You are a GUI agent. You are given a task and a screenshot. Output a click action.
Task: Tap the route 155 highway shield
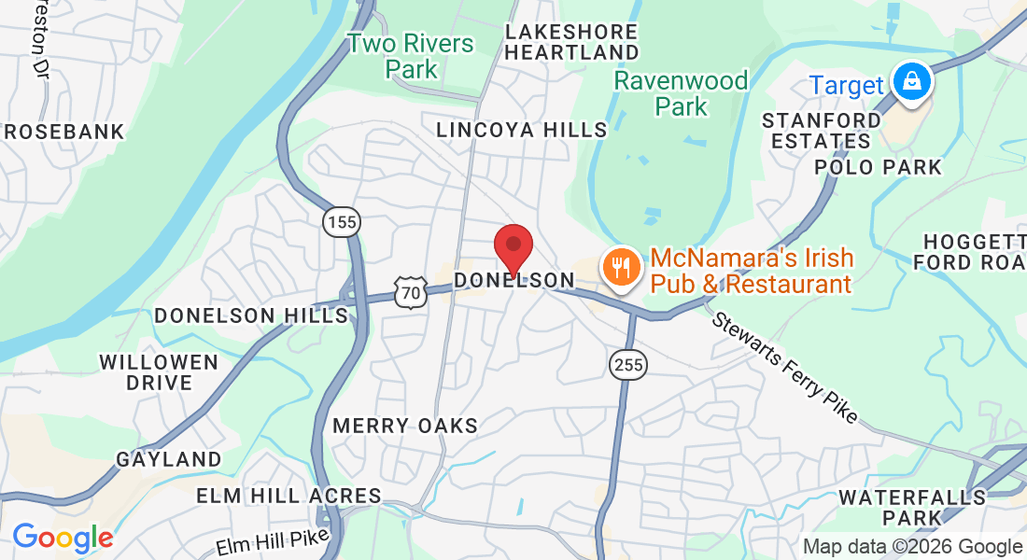(x=342, y=222)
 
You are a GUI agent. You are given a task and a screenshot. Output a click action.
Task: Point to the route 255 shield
(x=628, y=364)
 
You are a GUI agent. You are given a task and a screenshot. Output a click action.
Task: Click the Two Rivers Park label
(x=411, y=56)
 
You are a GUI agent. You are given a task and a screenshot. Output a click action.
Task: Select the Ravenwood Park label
(x=681, y=93)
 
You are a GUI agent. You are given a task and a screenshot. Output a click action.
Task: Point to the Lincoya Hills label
(x=521, y=130)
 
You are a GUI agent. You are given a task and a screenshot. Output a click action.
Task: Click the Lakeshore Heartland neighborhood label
(x=571, y=42)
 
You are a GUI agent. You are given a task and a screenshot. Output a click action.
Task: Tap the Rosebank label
(x=63, y=132)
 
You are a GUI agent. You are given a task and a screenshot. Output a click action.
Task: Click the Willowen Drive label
(x=159, y=371)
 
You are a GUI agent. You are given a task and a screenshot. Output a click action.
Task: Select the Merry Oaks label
(x=405, y=426)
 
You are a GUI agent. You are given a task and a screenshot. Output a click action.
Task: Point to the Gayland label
(x=169, y=459)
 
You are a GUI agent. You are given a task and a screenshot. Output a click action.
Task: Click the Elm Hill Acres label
(x=288, y=496)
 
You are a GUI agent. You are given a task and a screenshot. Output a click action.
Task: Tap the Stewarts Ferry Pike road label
(x=784, y=368)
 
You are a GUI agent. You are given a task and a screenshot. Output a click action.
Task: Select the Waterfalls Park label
(x=911, y=507)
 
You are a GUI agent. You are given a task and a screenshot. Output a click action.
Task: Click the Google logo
(x=63, y=538)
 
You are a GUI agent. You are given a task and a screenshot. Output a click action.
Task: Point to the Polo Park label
(x=879, y=167)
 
